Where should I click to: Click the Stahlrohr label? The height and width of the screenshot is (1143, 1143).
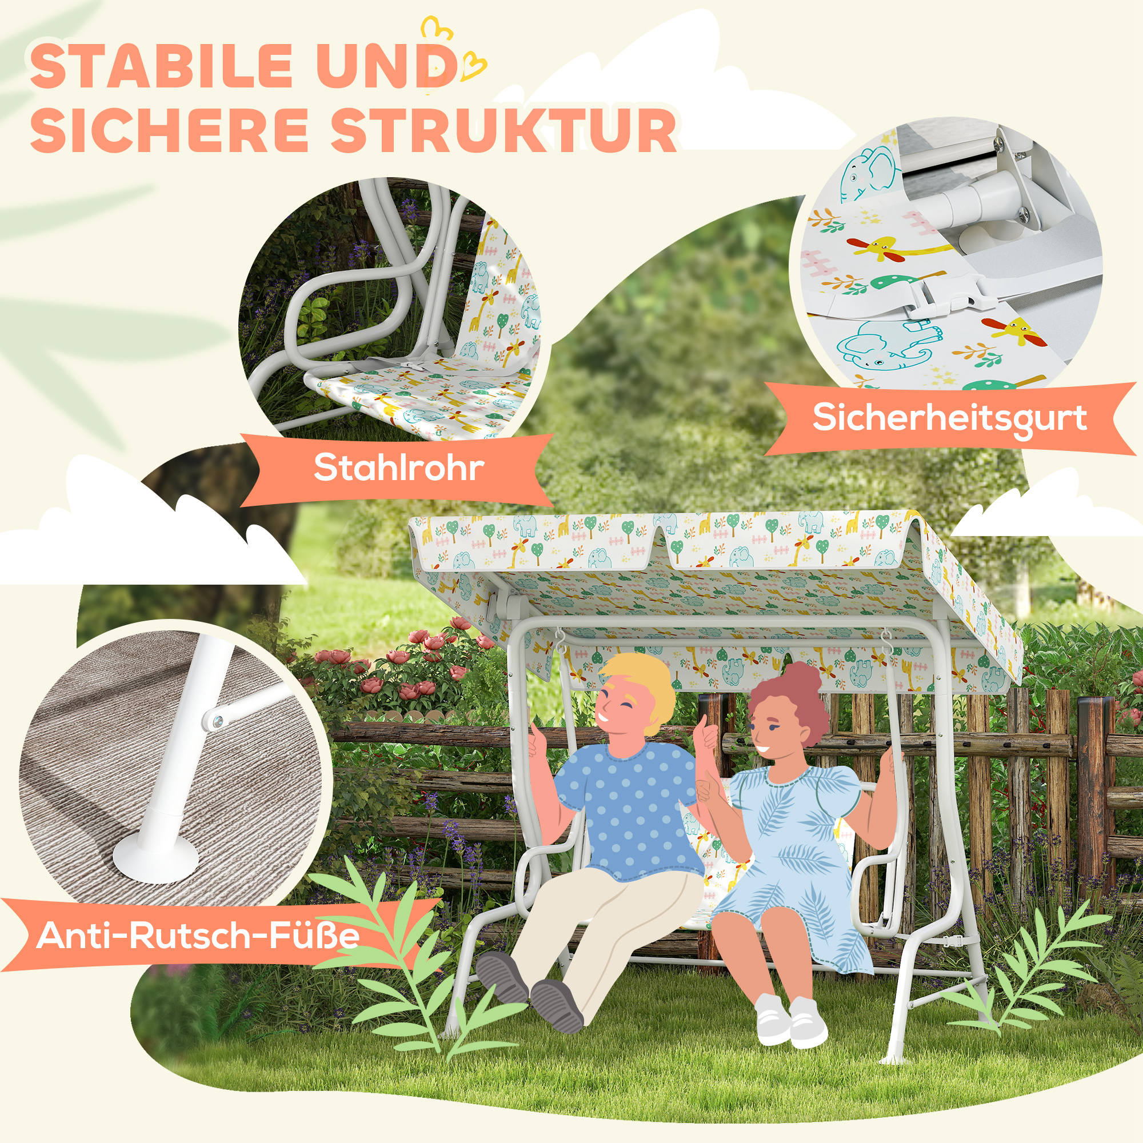(398, 468)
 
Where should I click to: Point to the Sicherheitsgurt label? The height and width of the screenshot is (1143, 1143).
(949, 418)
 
